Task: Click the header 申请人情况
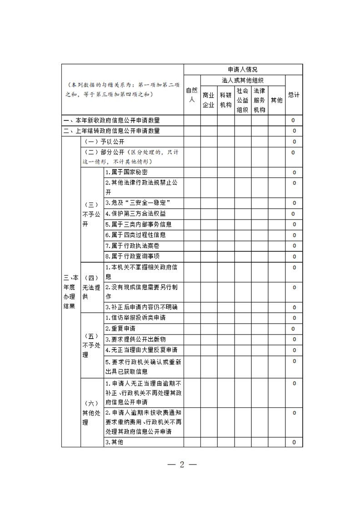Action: coord(243,70)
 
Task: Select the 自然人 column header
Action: coord(192,95)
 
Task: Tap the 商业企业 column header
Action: coord(208,100)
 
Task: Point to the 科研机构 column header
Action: coord(225,100)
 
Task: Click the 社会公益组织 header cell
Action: coord(242,100)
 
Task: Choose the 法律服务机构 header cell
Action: coord(259,100)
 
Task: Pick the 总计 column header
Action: coord(294,95)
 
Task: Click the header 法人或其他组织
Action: coord(243,80)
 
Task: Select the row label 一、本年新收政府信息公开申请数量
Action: coord(112,120)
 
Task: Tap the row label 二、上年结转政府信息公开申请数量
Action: coord(112,131)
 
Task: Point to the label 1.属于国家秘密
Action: coord(126,172)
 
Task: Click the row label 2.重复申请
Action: coord(120,328)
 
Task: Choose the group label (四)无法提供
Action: coord(92,287)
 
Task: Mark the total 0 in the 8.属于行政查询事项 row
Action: coord(294,257)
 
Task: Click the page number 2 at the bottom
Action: coord(182,465)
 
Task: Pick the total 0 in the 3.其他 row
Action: coord(294,442)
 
